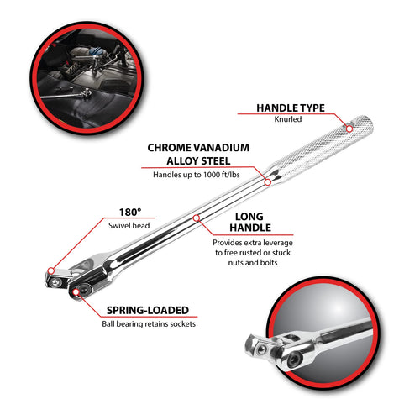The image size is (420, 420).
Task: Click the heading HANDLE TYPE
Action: click(291, 108)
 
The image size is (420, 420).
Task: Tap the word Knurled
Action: click(288, 119)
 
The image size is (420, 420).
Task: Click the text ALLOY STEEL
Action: click(198, 161)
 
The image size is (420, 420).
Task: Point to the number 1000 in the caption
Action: click(212, 175)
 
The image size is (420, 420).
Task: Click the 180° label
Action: click(130, 213)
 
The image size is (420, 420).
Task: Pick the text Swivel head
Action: click(129, 226)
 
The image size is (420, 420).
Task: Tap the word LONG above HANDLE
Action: click(249, 217)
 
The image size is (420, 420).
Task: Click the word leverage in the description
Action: click(276, 243)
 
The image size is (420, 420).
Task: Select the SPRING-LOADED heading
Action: click(148, 310)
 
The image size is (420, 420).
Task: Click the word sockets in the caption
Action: click(183, 324)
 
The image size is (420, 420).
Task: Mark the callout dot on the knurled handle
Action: click(349, 129)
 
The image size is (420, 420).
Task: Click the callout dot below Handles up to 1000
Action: click(268, 182)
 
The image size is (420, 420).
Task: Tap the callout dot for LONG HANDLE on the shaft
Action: click(197, 218)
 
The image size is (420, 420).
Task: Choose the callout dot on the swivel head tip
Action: click(51, 270)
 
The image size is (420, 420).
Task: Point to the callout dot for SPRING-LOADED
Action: click(76, 292)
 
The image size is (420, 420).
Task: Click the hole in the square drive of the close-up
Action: click(262, 349)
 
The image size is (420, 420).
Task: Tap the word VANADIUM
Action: click(222, 148)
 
